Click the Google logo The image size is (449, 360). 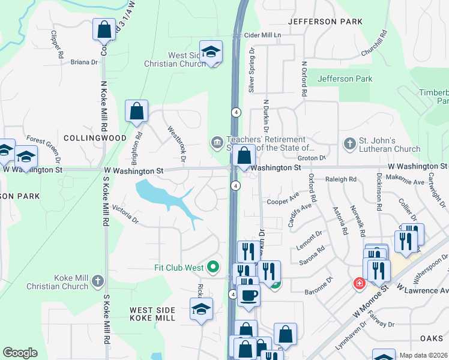click(x=20, y=353)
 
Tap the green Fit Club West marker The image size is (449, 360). click(x=212, y=266)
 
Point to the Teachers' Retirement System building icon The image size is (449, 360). click(x=215, y=142)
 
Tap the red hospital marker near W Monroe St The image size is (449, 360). click(x=359, y=283)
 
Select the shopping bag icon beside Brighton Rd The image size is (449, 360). click(x=136, y=111)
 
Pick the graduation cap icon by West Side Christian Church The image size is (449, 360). click(x=211, y=52)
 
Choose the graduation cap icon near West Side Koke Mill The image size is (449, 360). click(x=201, y=309)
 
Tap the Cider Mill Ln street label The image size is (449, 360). click(x=262, y=35)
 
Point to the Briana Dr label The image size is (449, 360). click(x=84, y=62)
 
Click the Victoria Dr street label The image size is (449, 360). click(x=125, y=217)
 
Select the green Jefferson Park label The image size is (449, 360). click(x=345, y=79)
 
